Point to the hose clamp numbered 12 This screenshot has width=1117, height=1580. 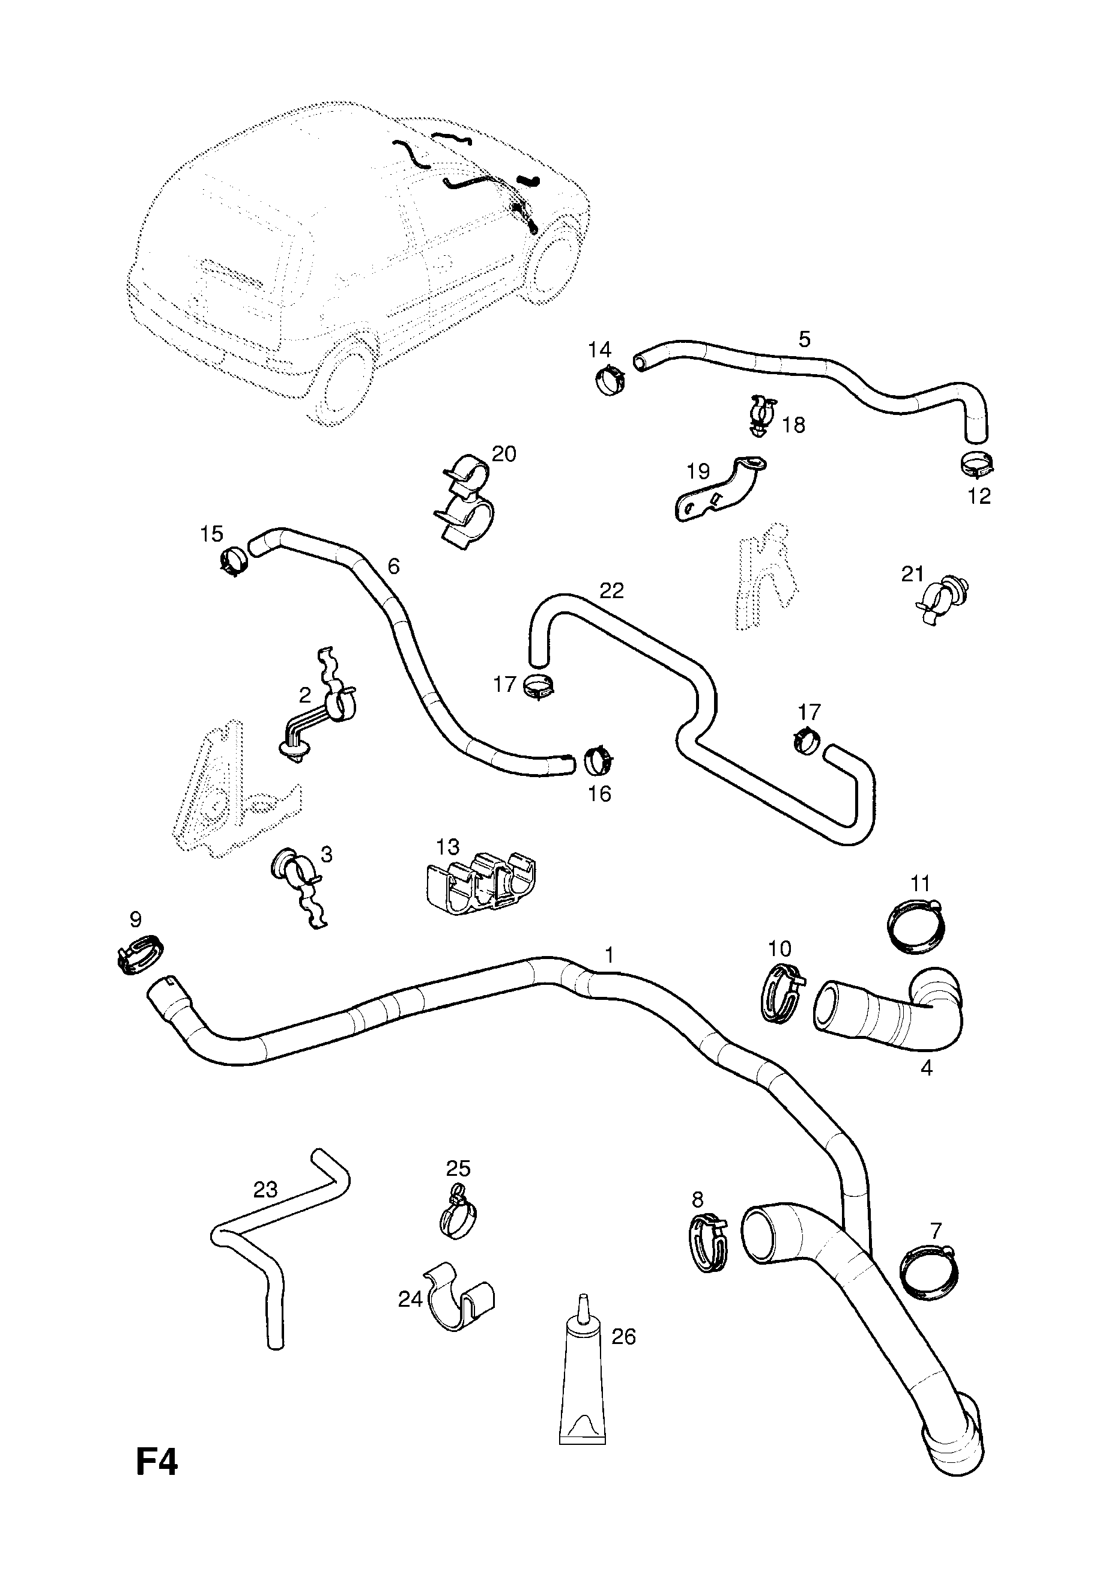coord(977,464)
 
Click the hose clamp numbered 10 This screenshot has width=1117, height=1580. coord(782,999)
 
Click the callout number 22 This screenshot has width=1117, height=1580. coord(611,590)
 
